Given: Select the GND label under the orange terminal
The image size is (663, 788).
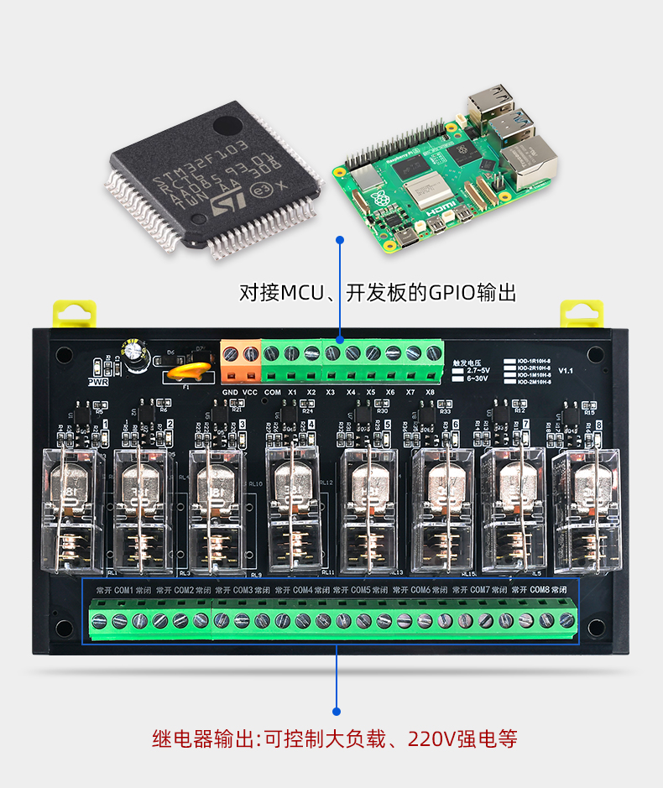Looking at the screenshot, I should coord(230,392).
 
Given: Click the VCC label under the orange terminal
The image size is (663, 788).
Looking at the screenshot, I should coord(250,392).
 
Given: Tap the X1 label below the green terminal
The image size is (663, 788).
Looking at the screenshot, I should coord(292,392).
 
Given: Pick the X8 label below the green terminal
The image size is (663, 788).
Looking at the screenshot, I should coord(430,392).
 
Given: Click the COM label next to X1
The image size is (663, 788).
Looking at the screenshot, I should coord(272,392).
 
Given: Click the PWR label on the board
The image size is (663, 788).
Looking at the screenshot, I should coord(98,381).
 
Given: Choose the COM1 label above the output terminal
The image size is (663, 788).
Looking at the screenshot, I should coord(124,590).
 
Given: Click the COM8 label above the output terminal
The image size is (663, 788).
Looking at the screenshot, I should coord(539,590).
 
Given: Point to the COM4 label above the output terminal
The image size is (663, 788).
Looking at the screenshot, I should coord(302,590).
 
